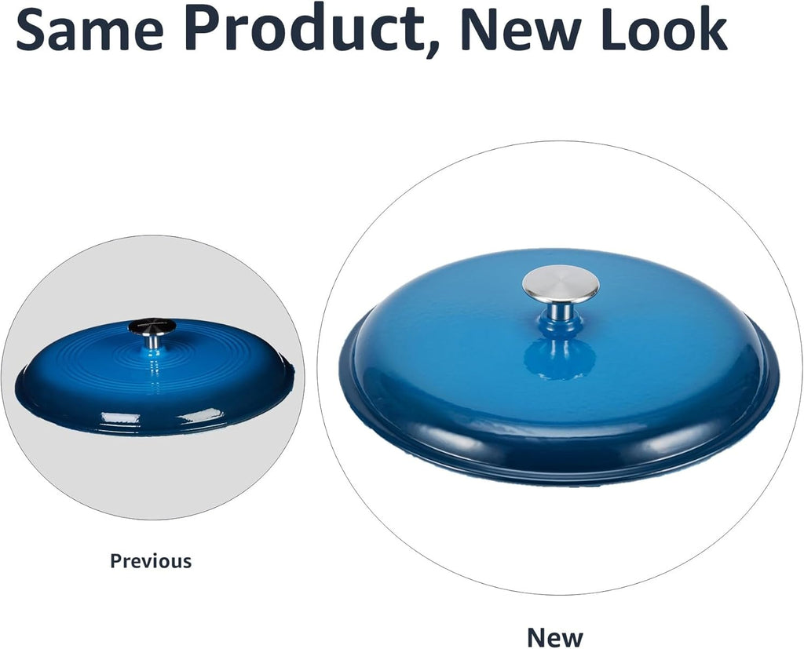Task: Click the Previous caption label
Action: coord(151,561)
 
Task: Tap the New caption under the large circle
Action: coord(555,638)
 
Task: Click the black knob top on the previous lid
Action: coord(152,325)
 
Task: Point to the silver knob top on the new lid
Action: coord(561,283)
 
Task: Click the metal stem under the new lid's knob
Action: coord(562,311)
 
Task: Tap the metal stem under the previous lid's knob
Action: coord(152,341)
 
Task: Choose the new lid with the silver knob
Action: coord(559,367)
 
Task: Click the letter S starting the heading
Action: coord(32,28)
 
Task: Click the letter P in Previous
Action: coord(116,561)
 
